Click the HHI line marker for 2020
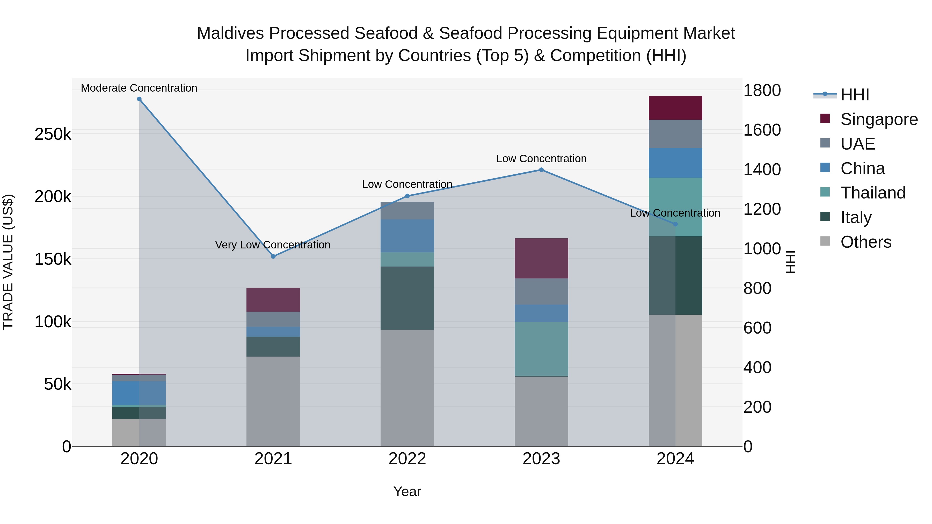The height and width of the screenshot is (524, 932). click(x=139, y=99)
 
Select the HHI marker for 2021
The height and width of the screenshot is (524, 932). click(x=273, y=256)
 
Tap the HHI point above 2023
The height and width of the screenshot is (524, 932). click(x=541, y=169)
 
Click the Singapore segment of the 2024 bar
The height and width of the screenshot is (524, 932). click(x=675, y=108)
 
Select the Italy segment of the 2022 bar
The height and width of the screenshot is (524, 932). click(x=407, y=298)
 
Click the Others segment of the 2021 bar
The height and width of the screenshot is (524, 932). click(x=273, y=401)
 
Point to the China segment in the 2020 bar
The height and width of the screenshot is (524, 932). click(x=139, y=393)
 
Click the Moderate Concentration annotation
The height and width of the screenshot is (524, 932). click(x=139, y=88)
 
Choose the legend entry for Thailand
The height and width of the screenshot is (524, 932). click(x=873, y=193)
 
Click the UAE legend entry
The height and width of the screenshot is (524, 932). click(x=857, y=144)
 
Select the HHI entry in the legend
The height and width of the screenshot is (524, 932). click(x=855, y=95)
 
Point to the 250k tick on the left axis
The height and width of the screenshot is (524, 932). click(x=53, y=135)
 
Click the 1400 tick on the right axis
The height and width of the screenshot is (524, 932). click(x=762, y=169)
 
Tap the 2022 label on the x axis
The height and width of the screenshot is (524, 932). click(x=407, y=459)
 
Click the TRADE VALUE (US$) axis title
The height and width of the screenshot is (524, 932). click(x=8, y=262)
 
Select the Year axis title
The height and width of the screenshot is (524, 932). click(x=407, y=491)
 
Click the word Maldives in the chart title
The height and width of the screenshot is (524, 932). click(x=230, y=33)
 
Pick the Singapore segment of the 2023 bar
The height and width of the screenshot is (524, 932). click(x=541, y=258)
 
